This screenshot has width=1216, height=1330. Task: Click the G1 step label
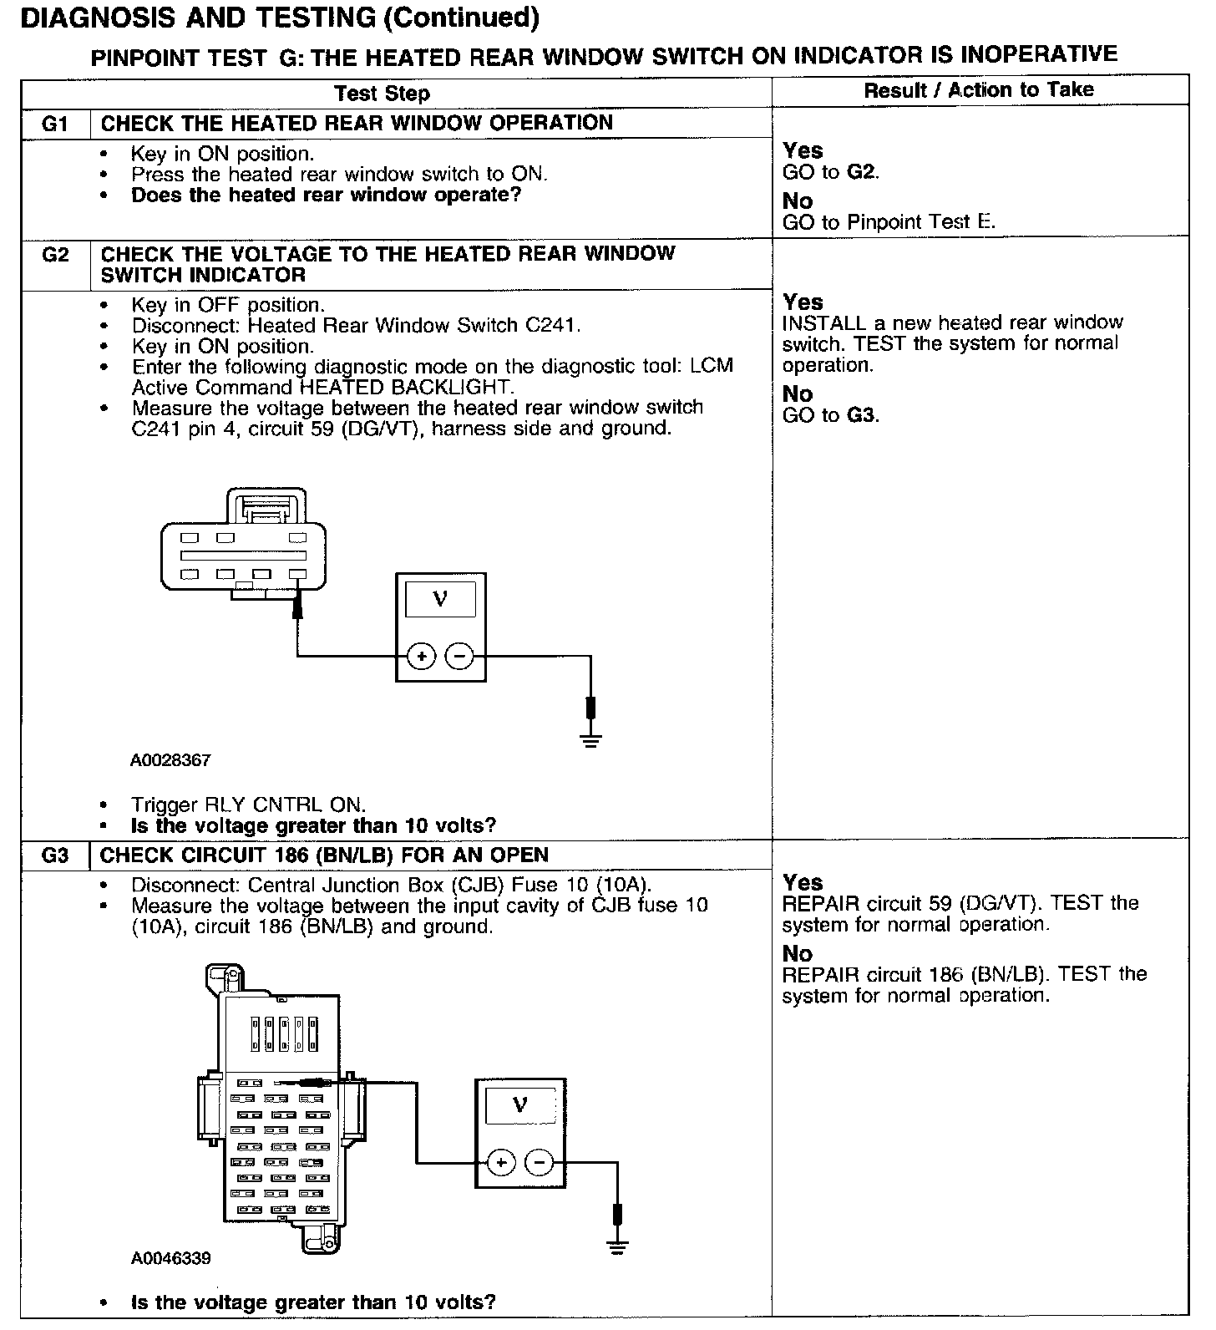tap(54, 124)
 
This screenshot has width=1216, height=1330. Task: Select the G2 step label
tap(54, 255)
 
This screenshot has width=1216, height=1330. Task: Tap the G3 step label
tap(54, 856)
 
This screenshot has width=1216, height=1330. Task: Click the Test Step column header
tap(382, 94)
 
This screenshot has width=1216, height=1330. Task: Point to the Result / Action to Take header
tap(978, 90)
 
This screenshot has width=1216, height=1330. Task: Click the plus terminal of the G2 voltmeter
tap(422, 657)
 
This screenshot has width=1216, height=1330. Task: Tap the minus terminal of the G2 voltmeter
tap(459, 657)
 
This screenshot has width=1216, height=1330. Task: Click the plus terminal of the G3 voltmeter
tap(500, 1162)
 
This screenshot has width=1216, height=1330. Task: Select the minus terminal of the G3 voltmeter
tap(539, 1162)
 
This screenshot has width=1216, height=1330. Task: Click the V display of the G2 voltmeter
tap(440, 600)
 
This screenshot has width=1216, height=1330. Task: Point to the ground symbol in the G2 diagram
tap(590, 739)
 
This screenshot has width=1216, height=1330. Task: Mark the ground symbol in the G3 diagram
tap(617, 1246)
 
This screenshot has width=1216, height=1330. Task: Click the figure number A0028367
tap(170, 761)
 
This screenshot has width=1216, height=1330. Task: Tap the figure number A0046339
tap(170, 1258)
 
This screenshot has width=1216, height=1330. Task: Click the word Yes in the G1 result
tap(803, 151)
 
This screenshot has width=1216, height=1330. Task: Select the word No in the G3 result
tap(798, 953)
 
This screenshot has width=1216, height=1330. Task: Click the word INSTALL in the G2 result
tap(813, 322)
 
